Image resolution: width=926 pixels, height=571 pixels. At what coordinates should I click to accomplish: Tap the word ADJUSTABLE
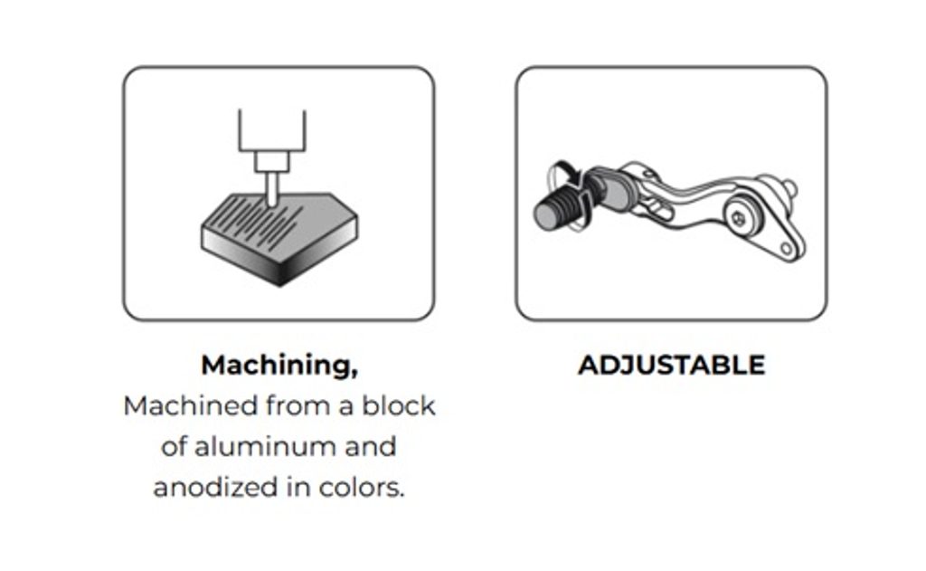tap(672, 365)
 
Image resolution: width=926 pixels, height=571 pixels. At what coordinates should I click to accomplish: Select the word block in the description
tap(399, 405)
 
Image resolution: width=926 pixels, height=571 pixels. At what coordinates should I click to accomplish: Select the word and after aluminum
tap(370, 446)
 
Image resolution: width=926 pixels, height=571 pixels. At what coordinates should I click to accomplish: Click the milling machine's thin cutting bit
tap(271, 188)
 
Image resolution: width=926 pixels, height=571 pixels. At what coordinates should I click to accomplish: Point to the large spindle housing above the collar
tap(272, 130)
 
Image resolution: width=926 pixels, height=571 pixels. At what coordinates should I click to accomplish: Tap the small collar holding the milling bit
tap(272, 162)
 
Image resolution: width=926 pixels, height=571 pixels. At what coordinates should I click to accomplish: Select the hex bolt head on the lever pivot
tap(738, 218)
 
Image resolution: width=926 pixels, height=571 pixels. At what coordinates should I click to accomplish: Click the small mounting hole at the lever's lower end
tap(787, 249)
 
